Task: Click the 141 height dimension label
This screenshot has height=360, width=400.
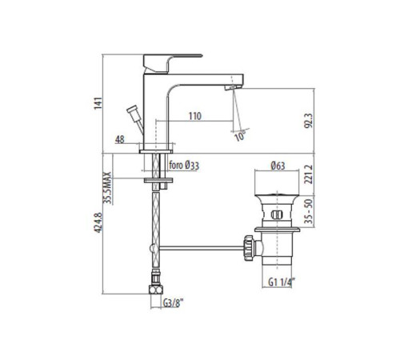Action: pyautogui.click(x=98, y=103)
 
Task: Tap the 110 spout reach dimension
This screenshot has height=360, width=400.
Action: pyautogui.click(x=195, y=116)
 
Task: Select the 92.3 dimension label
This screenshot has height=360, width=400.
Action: pyautogui.click(x=309, y=121)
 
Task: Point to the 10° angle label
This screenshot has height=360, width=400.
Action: pyautogui.click(x=240, y=136)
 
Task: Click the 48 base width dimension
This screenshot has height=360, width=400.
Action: pyautogui.click(x=120, y=139)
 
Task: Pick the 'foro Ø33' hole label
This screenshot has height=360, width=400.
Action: pyautogui.click(x=184, y=166)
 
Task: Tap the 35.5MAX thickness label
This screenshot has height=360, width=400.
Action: pyautogui.click(x=107, y=188)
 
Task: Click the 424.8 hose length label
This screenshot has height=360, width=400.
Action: pyautogui.click(x=98, y=222)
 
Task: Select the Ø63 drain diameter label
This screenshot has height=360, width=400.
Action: pyautogui.click(x=278, y=166)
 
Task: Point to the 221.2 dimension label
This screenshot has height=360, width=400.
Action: pyautogui.click(x=309, y=174)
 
